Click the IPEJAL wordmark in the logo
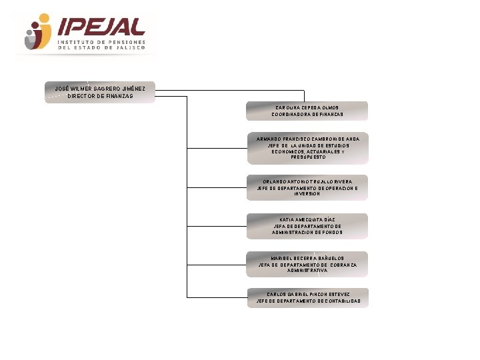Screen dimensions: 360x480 [102, 27]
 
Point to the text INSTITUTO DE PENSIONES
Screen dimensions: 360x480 [102, 41]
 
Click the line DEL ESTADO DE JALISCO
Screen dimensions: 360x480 [101, 48]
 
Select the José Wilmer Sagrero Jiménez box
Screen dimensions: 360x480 [100, 91]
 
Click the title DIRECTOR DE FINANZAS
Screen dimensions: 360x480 [100, 96]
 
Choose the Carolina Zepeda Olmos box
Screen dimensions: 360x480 [307, 111]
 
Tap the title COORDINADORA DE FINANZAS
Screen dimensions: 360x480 [307, 115]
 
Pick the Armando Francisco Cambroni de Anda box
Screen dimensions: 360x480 [307, 148]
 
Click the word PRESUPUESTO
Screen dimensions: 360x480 [307, 157]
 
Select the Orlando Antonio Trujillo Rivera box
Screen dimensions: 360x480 [307, 187]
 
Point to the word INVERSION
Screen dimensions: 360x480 [307, 194]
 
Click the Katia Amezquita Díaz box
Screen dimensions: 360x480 [307, 226]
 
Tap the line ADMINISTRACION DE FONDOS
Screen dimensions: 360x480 [307, 233]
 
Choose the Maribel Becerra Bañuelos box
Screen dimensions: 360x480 [307, 264]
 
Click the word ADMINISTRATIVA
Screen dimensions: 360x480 [307, 271]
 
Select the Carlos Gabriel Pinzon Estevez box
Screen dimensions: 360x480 [307, 297]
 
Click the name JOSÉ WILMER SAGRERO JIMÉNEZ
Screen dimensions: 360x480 [100, 88]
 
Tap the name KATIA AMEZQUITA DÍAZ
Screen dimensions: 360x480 [307, 219]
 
